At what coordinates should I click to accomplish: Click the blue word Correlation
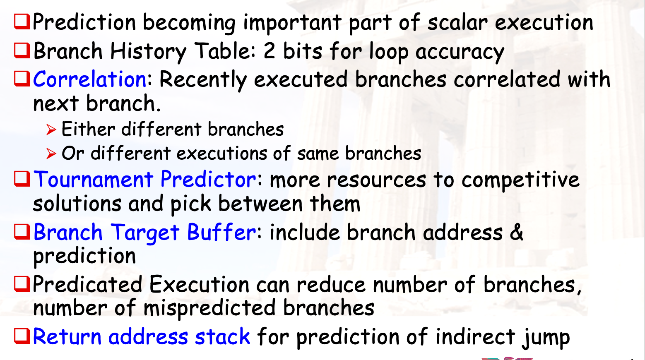90,79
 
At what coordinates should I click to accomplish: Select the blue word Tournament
93,180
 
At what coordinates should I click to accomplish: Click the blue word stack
222,336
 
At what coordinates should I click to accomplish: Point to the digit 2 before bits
270,51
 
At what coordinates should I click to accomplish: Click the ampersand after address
516,232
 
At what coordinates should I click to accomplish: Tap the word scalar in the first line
457,22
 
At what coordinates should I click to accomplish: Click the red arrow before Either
51,130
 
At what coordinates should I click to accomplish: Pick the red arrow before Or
51,154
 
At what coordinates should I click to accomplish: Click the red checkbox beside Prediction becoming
22,22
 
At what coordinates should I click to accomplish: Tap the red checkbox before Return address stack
22,336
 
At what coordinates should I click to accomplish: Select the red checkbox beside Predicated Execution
22,284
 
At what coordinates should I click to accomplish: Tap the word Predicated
87,284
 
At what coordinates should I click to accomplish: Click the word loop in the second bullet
389,52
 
